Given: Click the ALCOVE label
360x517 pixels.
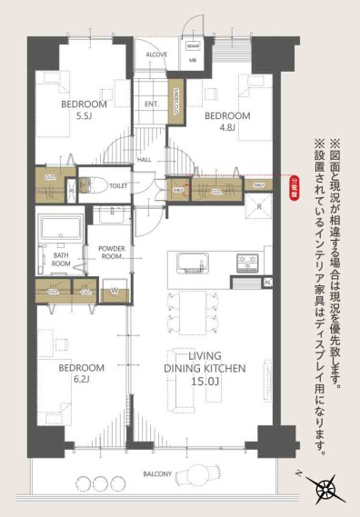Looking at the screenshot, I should (x=156, y=54).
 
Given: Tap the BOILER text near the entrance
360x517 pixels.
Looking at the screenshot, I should (x=193, y=45).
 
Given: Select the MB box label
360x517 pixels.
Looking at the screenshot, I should (x=193, y=61).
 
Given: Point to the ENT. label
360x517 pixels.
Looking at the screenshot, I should (x=152, y=104).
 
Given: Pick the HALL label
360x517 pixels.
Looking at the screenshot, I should (x=145, y=160).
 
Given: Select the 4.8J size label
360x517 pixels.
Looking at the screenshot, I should (x=226, y=128).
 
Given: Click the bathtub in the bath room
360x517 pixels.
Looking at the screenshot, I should (x=61, y=228).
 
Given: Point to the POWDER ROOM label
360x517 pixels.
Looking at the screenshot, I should (x=112, y=253).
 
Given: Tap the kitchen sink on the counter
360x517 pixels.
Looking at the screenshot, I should (x=192, y=263).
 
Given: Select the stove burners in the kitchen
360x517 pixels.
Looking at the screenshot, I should (x=246, y=263).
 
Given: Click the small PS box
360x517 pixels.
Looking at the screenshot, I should (x=267, y=283).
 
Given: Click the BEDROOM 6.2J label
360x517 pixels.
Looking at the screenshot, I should (x=81, y=373).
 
